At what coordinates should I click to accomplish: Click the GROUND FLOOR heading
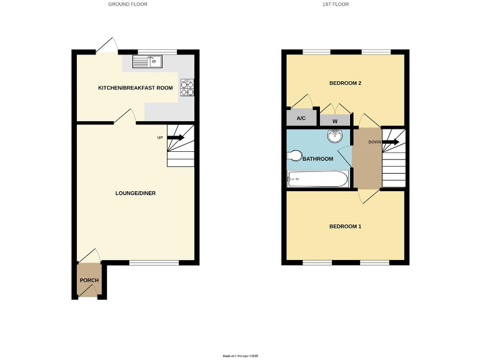pos(127,4)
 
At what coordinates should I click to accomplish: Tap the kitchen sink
pos(147,61)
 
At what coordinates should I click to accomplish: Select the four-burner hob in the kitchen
pos(187,87)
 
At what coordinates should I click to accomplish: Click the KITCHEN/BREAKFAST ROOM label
pos(135,88)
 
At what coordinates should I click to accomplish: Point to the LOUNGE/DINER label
pos(136,193)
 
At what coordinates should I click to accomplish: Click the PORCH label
pos(89,279)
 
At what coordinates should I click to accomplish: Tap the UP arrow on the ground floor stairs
pos(176,137)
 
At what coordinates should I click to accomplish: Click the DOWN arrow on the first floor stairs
pos(391,142)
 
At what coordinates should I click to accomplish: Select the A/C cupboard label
pos(301,118)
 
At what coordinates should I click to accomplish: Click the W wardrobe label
pos(334,121)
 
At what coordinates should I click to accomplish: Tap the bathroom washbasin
pos(335,136)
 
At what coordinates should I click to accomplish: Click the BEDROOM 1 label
pos(345,226)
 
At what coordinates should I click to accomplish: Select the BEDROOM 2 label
pos(345,83)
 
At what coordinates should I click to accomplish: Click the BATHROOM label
pos(318,159)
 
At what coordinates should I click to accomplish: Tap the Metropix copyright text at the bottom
pos(241,356)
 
